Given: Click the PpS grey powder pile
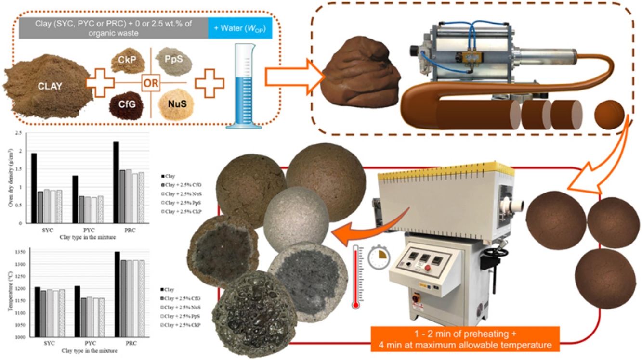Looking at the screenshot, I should pyautogui.click(x=174, y=61).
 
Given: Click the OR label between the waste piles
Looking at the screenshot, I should pyautogui.click(x=150, y=84).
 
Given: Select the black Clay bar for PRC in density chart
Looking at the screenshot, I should pyautogui.click(x=116, y=182).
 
